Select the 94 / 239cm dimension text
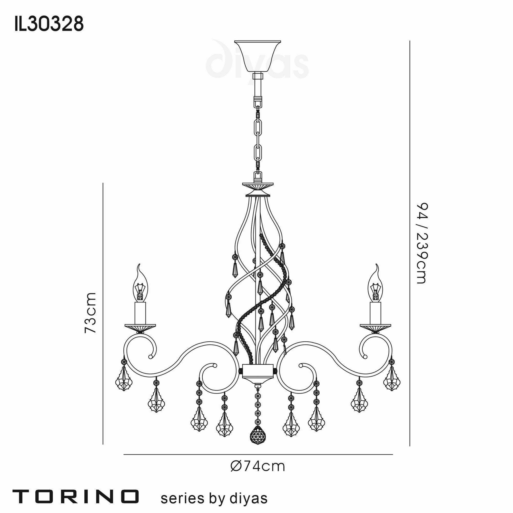click(422, 243)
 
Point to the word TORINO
click(76, 497)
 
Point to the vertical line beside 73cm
click(103, 313)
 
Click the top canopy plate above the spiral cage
click(257, 184)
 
